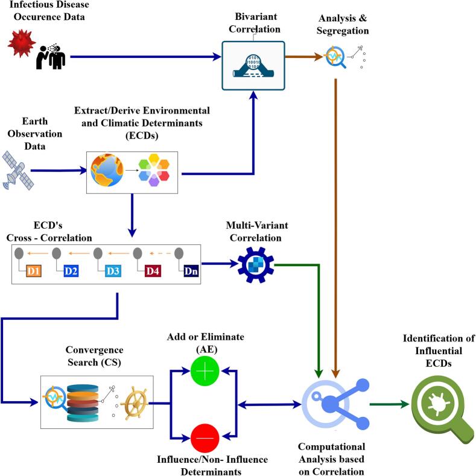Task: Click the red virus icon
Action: point(21,43)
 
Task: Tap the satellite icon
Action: point(17,171)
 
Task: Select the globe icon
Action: point(107,170)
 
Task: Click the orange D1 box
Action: point(33,271)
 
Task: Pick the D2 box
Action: point(71,271)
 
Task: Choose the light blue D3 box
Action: point(113,271)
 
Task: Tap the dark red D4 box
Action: point(153,271)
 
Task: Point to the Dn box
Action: point(191,271)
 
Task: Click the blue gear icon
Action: point(256,265)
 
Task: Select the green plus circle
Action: point(205,371)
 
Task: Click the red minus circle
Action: point(205,438)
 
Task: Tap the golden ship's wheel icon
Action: point(135,403)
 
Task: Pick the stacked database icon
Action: point(83,403)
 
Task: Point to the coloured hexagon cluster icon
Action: point(154,170)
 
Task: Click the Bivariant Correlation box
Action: point(253,66)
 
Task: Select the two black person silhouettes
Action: point(51,57)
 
